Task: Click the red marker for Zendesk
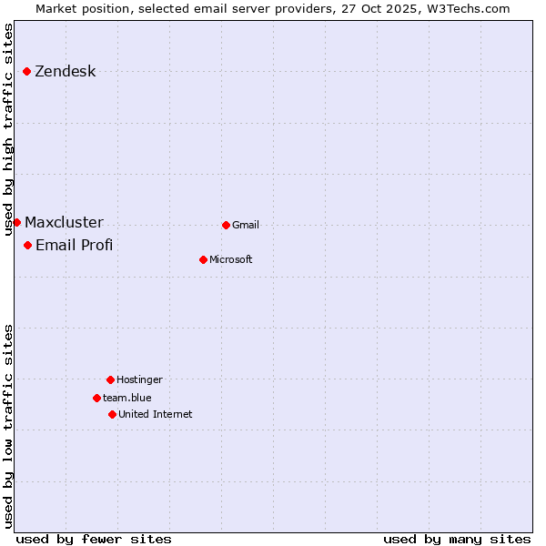point(27,71)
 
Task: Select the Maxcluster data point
point(16,222)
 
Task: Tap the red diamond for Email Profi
point(27,245)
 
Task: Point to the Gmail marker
point(226,225)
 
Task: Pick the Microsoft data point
point(203,259)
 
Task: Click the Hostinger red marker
point(110,379)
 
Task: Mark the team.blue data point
point(96,398)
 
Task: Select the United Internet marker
point(112,414)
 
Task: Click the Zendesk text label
point(65,72)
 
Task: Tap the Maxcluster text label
point(64,223)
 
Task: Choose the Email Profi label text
point(74,246)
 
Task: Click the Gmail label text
point(246,226)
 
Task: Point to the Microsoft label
point(231,260)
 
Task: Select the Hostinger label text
point(139,380)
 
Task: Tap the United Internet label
point(156,415)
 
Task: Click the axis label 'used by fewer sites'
point(94,539)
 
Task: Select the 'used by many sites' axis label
point(457,539)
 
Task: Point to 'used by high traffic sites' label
point(9,129)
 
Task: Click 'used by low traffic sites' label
point(9,426)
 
